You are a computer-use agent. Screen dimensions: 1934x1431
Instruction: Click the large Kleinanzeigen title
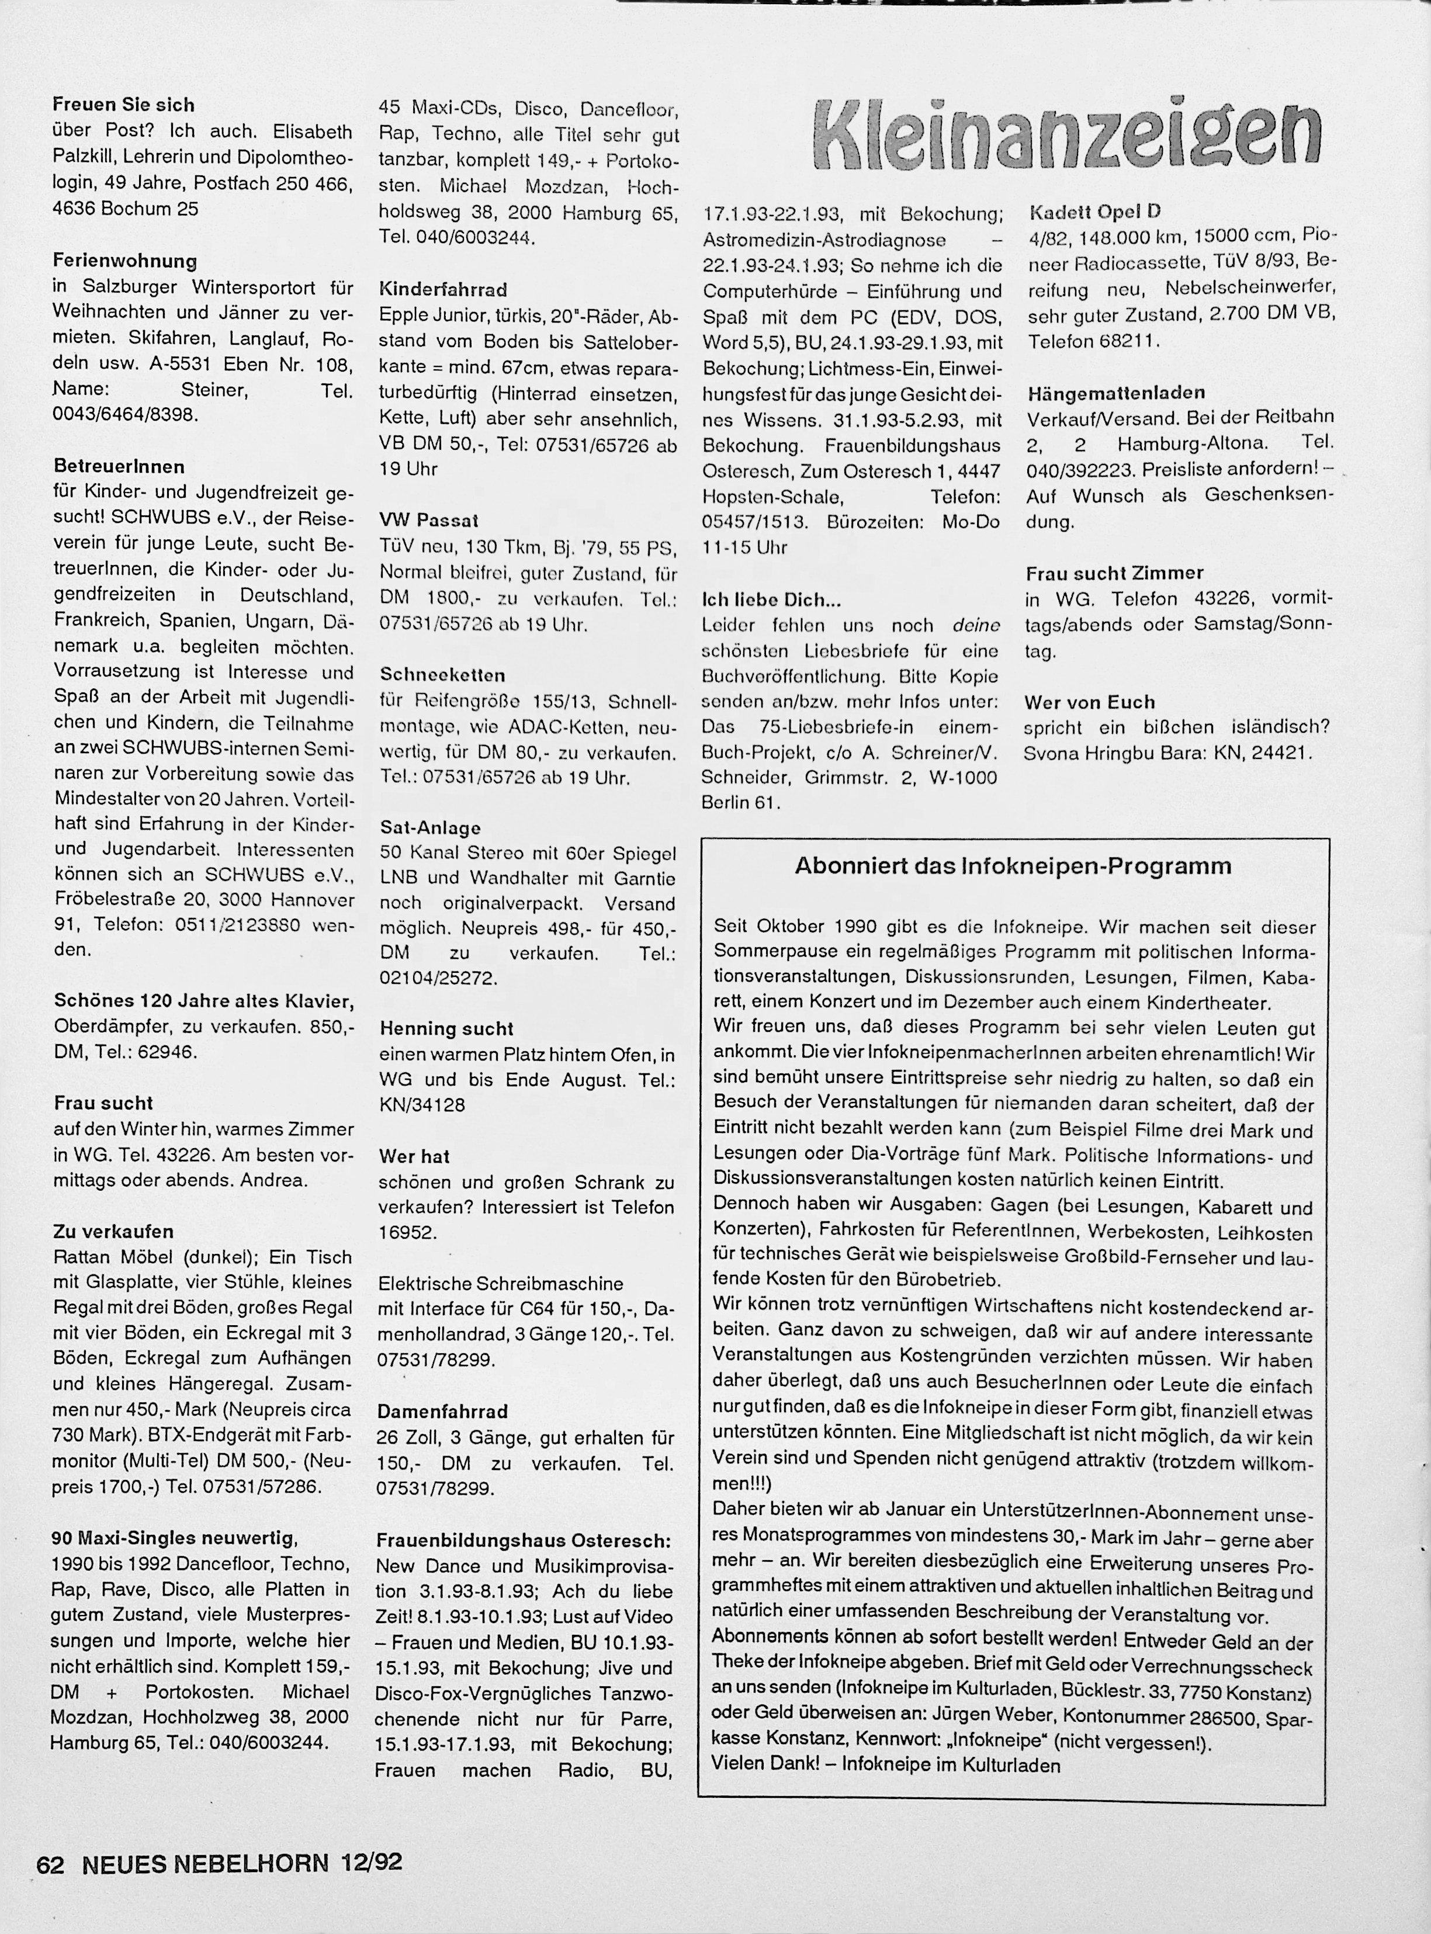[1067, 136]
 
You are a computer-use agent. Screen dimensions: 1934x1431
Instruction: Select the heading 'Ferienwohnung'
[124, 261]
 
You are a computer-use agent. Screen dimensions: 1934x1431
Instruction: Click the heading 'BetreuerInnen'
[119, 467]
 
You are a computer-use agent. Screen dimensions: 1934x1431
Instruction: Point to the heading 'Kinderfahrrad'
[443, 289]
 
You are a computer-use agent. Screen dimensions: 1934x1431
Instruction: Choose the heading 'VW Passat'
[429, 521]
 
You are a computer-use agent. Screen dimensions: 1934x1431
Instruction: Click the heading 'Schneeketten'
[443, 675]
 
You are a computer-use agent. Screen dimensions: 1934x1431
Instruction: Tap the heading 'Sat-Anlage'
[431, 827]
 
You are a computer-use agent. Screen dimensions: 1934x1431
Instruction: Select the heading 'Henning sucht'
[446, 1029]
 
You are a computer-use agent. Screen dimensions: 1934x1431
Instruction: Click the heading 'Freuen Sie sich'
[124, 105]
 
